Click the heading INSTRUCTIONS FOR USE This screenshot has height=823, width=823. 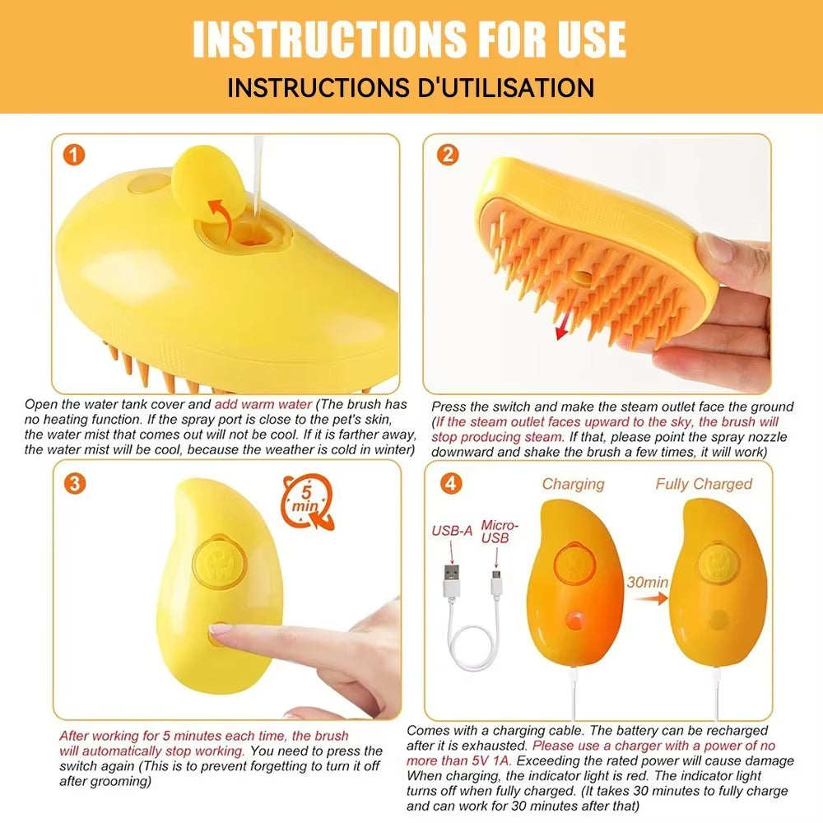point(410,38)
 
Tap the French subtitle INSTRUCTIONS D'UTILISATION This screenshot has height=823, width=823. point(411,87)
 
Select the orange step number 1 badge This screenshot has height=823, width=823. point(75,155)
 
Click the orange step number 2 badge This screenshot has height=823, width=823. point(448,154)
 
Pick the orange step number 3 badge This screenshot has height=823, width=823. point(75,483)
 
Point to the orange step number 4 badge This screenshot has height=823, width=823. point(451,483)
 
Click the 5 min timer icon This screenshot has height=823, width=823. point(307,499)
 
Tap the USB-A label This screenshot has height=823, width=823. point(452,531)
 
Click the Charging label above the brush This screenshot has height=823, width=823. point(573,484)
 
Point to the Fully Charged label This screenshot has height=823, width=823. point(704,484)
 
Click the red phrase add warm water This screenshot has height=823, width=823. point(263,404)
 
